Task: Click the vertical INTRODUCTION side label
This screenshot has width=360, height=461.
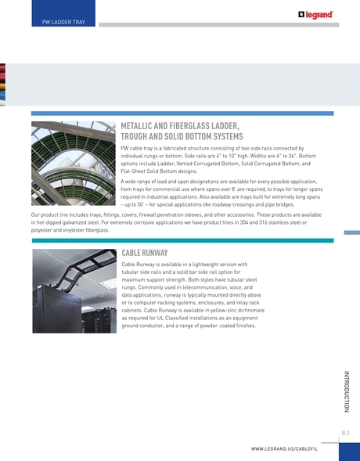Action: click(345, 388)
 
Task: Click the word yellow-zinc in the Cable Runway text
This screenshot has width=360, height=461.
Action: click(225, 312)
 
